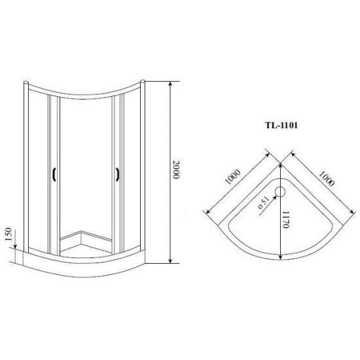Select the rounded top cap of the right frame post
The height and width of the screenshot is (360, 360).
[141, 82]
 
